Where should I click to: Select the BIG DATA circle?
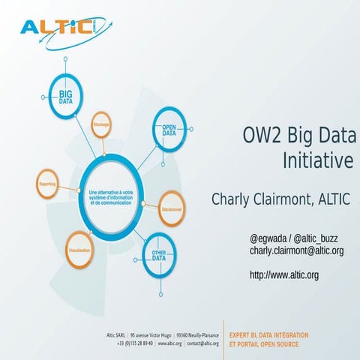tap(65, 96)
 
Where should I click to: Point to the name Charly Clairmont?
tap(259, 199)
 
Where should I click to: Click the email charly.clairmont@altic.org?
tap(296, 250)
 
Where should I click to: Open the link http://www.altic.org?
tap(283, 275)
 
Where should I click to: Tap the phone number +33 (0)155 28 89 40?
tap(135, 343)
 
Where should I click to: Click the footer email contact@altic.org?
tap(202, 343)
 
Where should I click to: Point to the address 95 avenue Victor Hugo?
tap(153, 334)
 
